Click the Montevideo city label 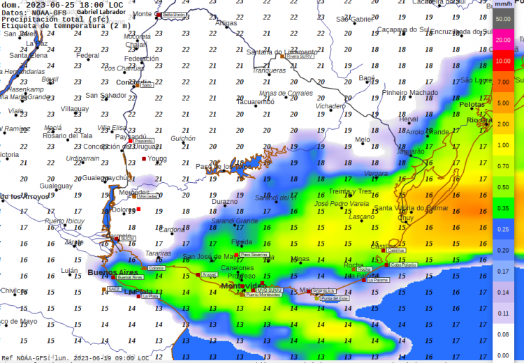242,286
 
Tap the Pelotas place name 472,104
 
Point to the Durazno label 225,202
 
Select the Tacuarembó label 255,102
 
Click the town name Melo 363,140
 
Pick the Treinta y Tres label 351,191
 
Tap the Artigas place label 226,23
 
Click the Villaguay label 75,109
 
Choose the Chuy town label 405,218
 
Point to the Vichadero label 331,106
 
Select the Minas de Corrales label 286,93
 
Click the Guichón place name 183,139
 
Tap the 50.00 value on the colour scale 502,19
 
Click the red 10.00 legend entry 502,61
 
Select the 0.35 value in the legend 502,208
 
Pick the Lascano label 361,216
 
